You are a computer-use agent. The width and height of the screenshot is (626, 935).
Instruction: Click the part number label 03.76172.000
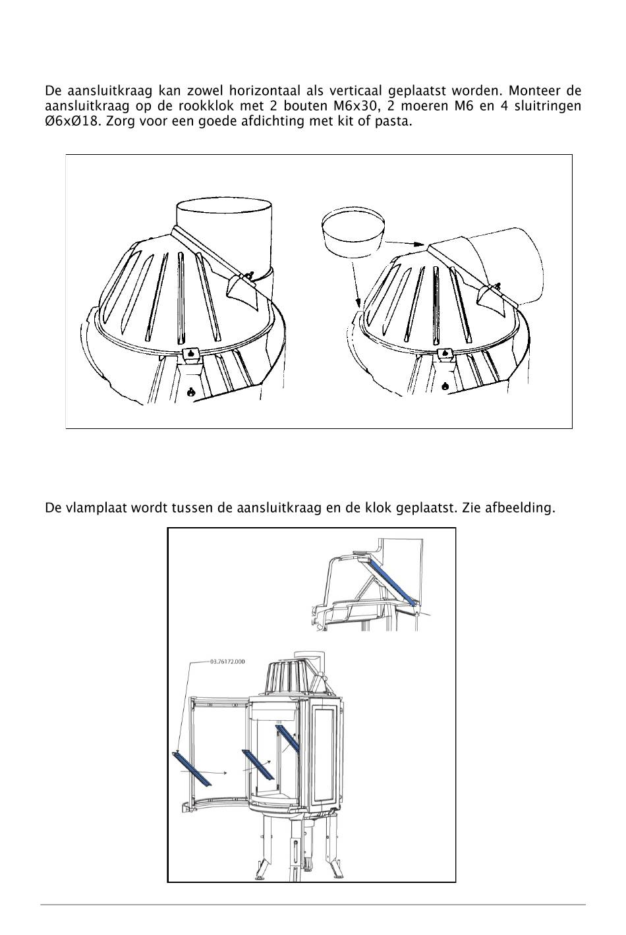[227, 661]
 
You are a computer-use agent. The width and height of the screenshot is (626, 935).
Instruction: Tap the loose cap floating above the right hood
[353, 232]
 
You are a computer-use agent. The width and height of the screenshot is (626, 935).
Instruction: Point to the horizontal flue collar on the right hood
[507, 264]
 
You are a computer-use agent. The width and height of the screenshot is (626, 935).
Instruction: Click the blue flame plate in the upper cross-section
[393, 581]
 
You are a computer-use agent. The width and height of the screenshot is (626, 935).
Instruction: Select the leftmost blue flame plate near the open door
[192, 768]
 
